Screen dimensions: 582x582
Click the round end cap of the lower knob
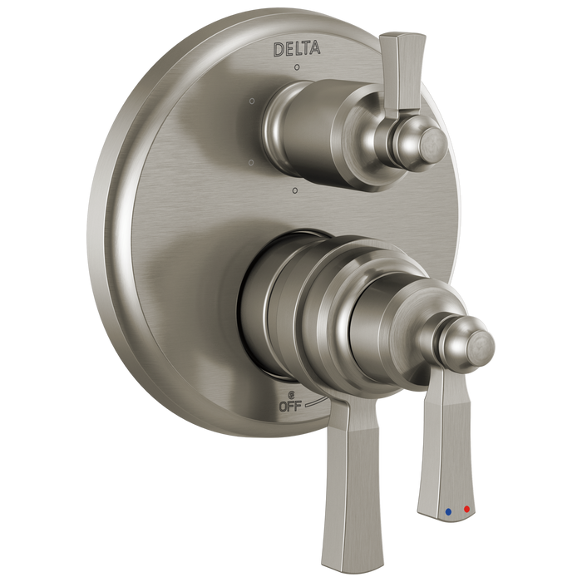(x=475, y=338)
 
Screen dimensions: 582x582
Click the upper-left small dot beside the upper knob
(x=249, y=101)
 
